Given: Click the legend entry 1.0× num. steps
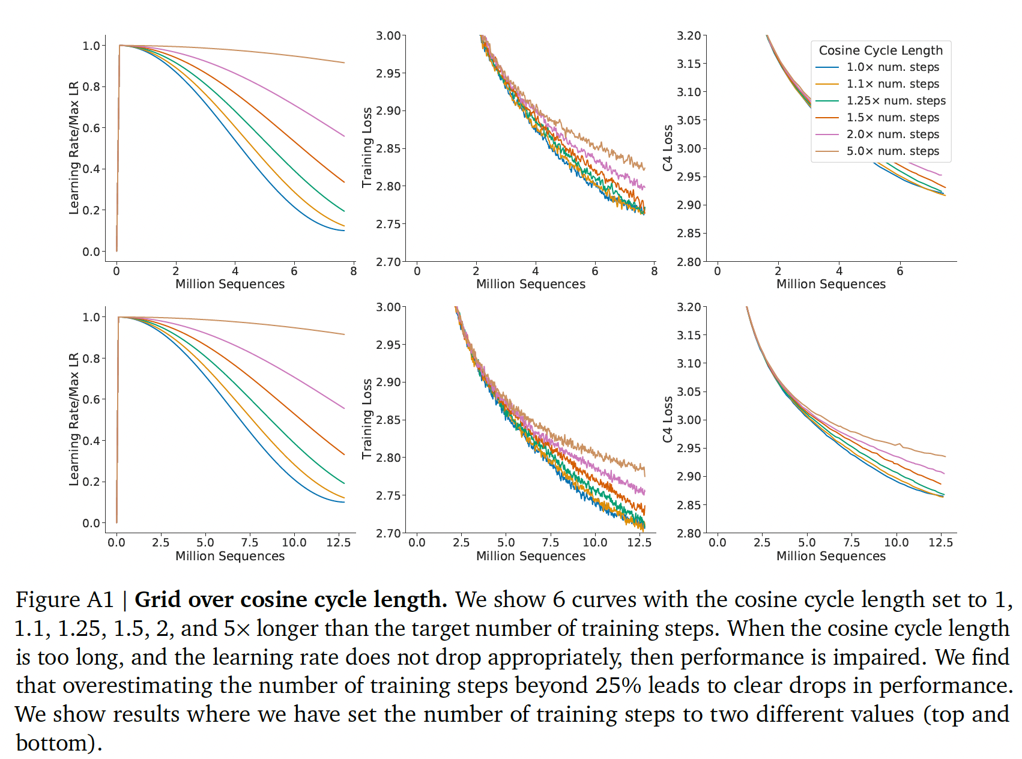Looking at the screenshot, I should coord(892,67).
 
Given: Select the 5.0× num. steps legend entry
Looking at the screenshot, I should coord(892,151).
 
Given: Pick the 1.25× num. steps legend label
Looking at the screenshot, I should coord(896,101).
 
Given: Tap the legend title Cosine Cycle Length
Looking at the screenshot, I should coord(880,50).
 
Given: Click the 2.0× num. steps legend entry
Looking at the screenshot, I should coord(892,135).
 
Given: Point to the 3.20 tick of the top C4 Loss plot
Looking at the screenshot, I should coord(689,36).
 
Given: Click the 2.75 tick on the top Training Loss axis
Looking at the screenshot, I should coord(388,224).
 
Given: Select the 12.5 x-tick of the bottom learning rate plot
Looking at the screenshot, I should coord(339,543).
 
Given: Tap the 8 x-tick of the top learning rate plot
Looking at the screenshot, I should coord(354,271).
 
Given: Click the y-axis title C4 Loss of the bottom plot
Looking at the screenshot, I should coord(668,419).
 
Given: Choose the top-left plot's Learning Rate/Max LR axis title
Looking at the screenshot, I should coord(74,148).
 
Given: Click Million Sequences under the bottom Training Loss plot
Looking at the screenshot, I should coord(530,556).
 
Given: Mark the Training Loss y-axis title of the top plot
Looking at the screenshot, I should coord(367,148).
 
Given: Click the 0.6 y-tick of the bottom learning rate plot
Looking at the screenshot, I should coord(91,399).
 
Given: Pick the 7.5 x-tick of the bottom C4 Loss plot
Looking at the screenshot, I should coord(851,543).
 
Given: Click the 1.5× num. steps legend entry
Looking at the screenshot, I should coord(892,118).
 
